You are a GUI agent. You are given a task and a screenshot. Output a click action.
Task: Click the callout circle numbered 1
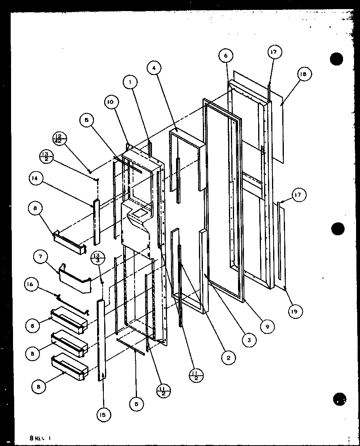tap(130, 82)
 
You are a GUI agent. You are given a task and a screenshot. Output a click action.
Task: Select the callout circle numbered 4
tap(154, 68)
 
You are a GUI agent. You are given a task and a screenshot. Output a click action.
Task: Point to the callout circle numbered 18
tap(306, 74)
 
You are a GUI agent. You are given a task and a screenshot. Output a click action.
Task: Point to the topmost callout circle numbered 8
tap(36, 208)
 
